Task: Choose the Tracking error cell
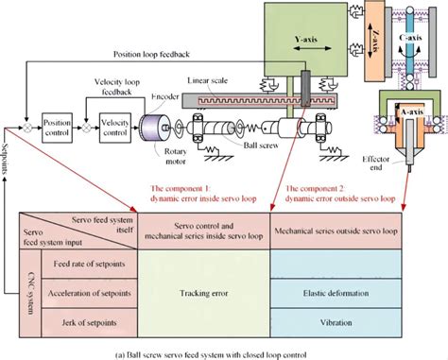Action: click(x=204, y=292)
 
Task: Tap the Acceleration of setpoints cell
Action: click(x=83, y=293)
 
